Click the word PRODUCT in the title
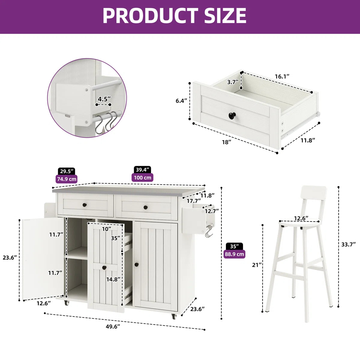pyautogui.click(x=150, y=16)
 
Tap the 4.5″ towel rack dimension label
pyautogui.click(x=104, y=99)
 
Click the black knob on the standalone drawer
pyautogui.click(x=232, y=115)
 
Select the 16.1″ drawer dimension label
pyautogui.click(x=282, y=76)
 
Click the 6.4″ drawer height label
pyautogui.click(x=181, y=101)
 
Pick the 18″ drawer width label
pyautogui.click(x=226, y=142)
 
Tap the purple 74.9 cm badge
pyautogui.click(x=67, y=179)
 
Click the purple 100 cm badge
pyautogui.click(x=142, y=178)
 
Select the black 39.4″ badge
pyautogui.click(x=142, y=169)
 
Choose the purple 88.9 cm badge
pyautogui.click(x=234, y=254)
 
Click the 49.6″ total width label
pyautogui.click(x=113, y=327)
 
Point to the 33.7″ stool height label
pyautogui.click(x=348, y=244)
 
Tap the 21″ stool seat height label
pyautogui.click(x=257, y=265)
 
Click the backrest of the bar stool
pyautogui.click(x=314, y=193)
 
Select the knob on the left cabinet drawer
pyautogui.click(x=85, y=205)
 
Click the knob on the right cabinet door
pyautogui.click(x=137, y=265)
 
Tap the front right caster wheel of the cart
pyautogui.click(x=174, y=316)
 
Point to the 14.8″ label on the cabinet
pyautogui.click(x=113, y=279)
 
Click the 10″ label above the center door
pyautogui.click(x=106, y=229)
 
